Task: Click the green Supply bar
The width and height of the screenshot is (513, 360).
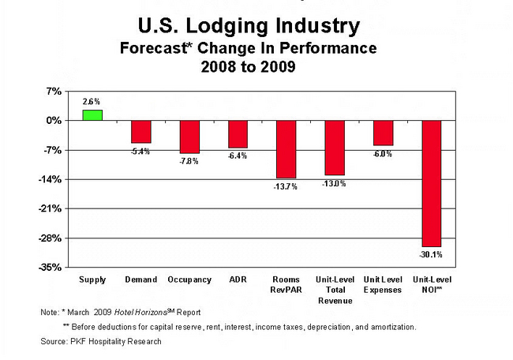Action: click(92, 114)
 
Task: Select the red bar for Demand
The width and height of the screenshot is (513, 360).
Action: click(140, 131)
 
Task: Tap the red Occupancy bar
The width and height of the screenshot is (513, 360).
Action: click(189, 137)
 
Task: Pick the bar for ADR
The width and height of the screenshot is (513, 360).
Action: click(238, 133)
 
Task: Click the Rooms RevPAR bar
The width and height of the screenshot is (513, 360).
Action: click(286, 148)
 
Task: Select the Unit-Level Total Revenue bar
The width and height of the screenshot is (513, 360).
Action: click(335, 147)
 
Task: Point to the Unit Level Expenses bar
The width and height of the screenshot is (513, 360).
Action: click(383, 133)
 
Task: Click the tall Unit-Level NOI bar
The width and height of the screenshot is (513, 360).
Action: click(432, 183)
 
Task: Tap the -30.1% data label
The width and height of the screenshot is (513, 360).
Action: click(432, 254)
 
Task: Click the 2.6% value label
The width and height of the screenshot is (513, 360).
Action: click(92, 102)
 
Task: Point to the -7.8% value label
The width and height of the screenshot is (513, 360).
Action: click(189, 161)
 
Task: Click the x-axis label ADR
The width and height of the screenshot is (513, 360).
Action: click(238, 280)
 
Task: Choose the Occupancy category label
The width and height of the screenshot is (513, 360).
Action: click(189, 280)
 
